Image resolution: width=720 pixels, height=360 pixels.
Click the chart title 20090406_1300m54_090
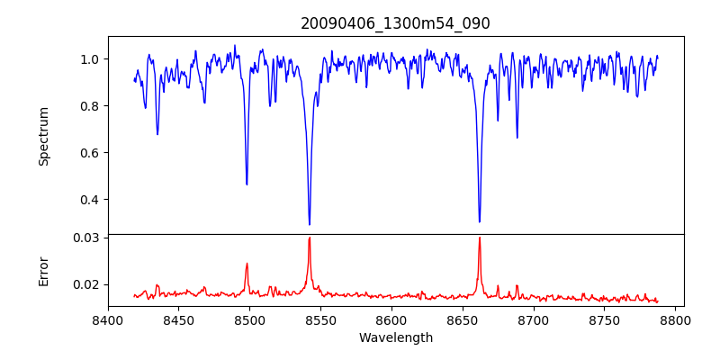point(395,23)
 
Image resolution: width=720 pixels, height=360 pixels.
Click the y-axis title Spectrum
point(43,136)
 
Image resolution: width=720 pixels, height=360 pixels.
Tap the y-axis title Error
point(43,271)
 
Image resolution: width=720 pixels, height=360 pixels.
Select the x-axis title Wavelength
point(395,338)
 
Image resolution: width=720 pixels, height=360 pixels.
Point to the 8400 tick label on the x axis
point(108,319)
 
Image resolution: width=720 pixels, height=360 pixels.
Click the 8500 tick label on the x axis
point(250,319)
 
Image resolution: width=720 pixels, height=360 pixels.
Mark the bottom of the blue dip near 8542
point(310,224)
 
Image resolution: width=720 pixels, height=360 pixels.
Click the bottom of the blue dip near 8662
point(480,221)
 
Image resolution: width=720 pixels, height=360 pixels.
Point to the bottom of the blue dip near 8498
point(247,184)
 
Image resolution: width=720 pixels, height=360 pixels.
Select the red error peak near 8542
point(310,238)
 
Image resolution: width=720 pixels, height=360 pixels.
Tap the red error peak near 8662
point(480,238)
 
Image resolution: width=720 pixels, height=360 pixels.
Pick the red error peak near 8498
point(247,264)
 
